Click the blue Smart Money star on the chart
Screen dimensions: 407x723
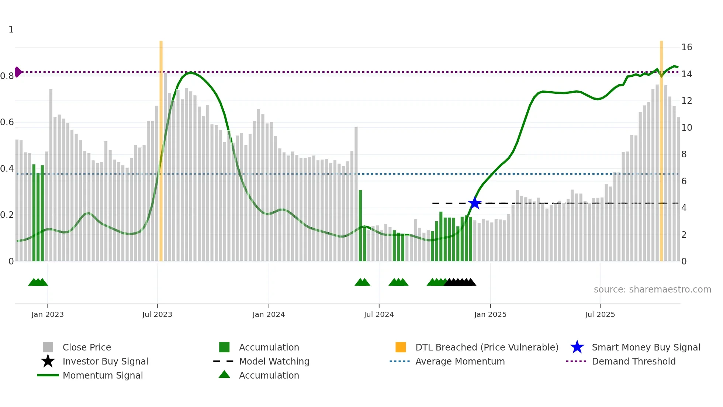[x=474, y=203]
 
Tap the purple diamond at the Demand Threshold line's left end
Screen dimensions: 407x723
[x=18, y=72]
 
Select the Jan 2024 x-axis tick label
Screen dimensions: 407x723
[x=269, y=314]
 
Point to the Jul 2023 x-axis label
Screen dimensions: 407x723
[x=157, y=314]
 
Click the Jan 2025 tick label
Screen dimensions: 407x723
[x=490, y=314]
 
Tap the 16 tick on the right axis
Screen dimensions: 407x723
[x=686, y=47]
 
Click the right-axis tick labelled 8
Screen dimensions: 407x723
[x=684, y=154]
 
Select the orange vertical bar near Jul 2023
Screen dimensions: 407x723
[x=161, y=148]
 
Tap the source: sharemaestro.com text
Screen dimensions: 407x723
[x=652, y=290]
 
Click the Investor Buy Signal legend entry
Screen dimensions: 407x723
[x=105, y=361]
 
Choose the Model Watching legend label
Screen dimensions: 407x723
[x=274, y=361]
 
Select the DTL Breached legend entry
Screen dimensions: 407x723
[x=487, y=347]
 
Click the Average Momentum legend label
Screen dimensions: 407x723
[x=460, y=361]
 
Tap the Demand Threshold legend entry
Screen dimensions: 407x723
[x=633, y=361]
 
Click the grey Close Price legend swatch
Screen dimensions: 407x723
[x=48, y=347]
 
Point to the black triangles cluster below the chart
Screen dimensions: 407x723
[x=460, y=282]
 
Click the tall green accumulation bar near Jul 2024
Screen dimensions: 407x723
[x=360, y=225]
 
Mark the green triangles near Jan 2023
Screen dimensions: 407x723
[x=38, y=282]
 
